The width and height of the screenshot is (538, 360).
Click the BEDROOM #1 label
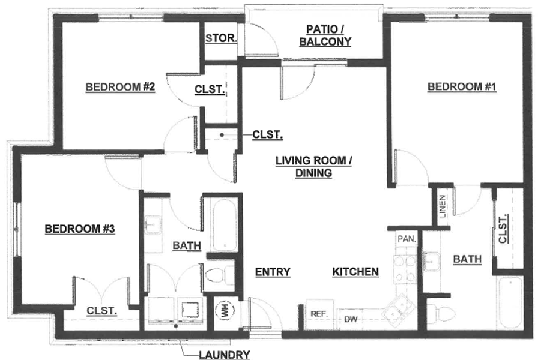pos(462,87)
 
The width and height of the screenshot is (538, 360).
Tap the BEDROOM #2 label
pos(120,87)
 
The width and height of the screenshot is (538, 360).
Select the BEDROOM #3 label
pos(80,229)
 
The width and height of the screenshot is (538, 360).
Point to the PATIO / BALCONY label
pos(325,35)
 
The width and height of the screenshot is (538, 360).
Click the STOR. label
pos(222,38)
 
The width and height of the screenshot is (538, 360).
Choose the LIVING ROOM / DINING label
pos(313,167)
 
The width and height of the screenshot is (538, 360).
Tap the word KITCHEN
pos(355,272)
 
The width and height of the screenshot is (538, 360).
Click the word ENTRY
pos(273,272)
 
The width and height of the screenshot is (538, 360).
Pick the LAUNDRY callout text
pos(225,355)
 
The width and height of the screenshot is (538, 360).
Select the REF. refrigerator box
pos(319,314)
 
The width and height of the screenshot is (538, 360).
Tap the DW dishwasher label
pos(351,320)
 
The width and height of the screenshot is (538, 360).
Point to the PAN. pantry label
pos(407,239)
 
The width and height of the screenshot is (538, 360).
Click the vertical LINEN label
pos(443,206)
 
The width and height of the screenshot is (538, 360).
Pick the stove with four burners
pos(405,270)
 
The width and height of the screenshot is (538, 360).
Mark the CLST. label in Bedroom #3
pos(101,311)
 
